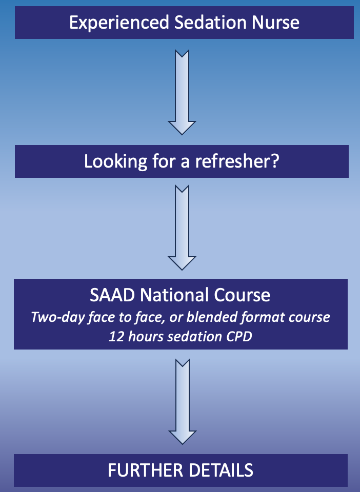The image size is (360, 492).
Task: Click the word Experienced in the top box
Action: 119,23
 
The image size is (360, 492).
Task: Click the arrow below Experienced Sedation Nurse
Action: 182,92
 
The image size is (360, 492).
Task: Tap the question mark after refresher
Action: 275,161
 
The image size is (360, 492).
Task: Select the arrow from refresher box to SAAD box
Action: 182,228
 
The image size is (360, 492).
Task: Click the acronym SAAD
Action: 112,295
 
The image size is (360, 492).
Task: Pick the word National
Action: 174,295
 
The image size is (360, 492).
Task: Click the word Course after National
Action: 242,295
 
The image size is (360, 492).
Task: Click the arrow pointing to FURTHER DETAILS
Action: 183,402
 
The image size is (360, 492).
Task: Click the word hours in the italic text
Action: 146,337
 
